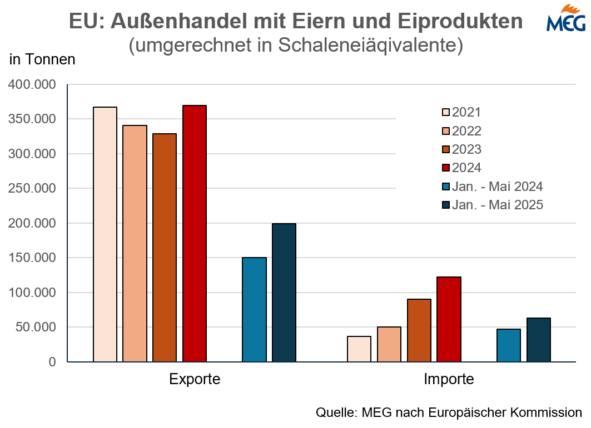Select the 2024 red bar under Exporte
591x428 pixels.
click(x=195, y=234)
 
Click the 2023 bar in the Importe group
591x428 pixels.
click(x=419, y=330)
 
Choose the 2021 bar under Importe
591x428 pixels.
click(x=359, y=349)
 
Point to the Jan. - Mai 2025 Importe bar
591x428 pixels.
click(x=539, y=340)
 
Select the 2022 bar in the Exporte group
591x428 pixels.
click(x=135, y=244)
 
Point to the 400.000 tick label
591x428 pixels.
click(x=32, y=85)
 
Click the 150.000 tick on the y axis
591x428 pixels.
click(x=32, y=258)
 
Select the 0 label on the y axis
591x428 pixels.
click(x=52, y=362)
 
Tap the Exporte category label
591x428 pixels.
click(x=195, y=380)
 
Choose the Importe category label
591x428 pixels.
click(x=449, y=380)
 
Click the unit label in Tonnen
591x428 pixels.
click(x=42, y=59)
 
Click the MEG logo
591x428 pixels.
click(x=565, y=18)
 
